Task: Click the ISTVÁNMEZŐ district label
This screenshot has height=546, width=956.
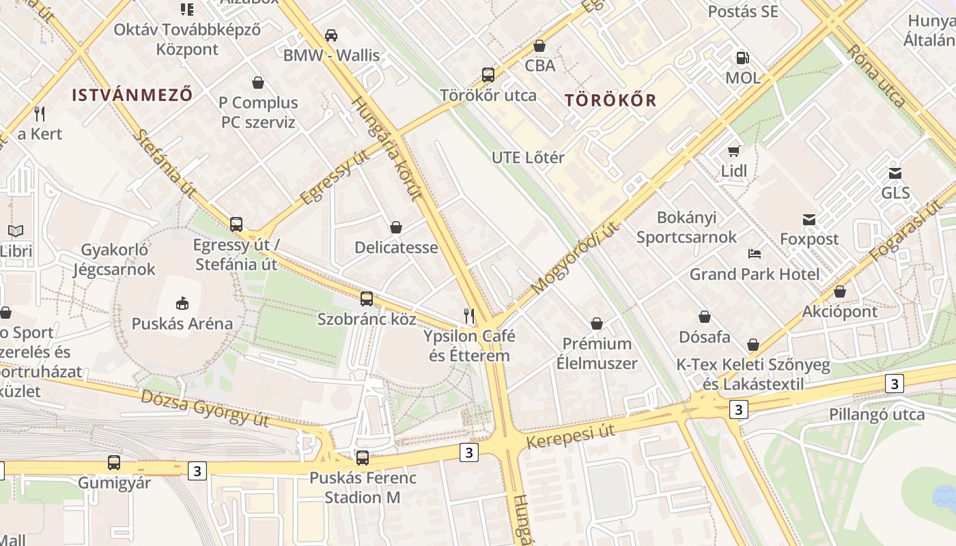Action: (x=132, y=95)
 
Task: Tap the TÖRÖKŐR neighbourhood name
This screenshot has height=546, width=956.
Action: (x=610, y=100)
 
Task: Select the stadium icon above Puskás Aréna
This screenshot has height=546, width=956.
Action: (x=182, y=302)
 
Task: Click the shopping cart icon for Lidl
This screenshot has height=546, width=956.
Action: (x=734, y=151)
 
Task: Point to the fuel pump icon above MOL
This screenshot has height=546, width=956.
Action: (x=742, y=58)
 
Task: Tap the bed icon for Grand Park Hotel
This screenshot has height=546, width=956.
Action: (x=755, y=254)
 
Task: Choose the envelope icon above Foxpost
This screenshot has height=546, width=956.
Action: (x=809, y=219)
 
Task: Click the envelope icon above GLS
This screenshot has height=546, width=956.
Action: (x=895, y=173)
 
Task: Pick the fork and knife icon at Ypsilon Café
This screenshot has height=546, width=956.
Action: (x=469, y=315)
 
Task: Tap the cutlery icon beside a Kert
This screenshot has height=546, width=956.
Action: (x=40, y=113)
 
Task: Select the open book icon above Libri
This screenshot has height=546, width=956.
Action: (x=16, y=231)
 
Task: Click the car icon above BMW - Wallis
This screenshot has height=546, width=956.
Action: (x=331, y=35)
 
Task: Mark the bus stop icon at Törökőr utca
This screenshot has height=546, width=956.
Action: (x=488, y=75)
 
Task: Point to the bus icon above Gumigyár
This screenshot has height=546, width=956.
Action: (x=114, y=462)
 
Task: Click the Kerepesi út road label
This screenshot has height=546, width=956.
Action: (x=571, y=435)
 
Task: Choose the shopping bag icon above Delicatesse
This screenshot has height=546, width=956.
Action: (x=396, y=227)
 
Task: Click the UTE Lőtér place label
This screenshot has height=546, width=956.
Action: (x=528, y=158)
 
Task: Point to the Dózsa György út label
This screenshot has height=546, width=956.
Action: (x=205, y=407)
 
